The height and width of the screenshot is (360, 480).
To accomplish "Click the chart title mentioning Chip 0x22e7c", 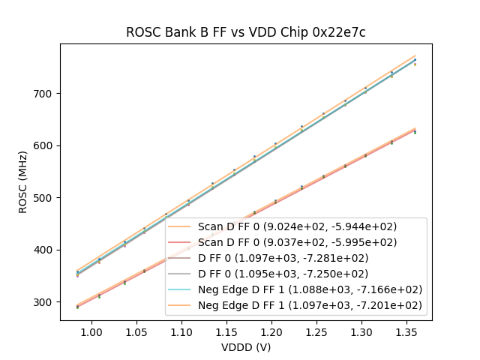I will coord(245,32).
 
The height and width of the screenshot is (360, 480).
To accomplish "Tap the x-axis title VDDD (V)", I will coord(245,347).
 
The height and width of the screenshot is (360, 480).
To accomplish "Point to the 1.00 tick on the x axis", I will coord(91,331).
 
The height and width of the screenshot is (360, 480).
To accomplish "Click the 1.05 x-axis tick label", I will coord(136,331).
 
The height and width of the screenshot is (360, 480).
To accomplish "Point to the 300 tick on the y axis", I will coord(46,302).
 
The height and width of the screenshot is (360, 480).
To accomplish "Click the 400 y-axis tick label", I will coord(46,250).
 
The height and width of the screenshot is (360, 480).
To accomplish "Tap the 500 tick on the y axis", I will coord(46,198).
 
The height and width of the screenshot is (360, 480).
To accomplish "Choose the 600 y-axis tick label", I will coord(46,145).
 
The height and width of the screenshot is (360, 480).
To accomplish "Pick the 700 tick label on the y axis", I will coord(46,94).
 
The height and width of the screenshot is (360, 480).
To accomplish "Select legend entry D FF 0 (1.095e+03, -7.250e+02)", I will coord(283,274).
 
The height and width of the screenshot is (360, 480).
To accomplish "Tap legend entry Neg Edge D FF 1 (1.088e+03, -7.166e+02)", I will coord(310,289).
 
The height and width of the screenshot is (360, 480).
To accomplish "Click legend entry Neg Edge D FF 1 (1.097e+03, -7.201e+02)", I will coord(310,305).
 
